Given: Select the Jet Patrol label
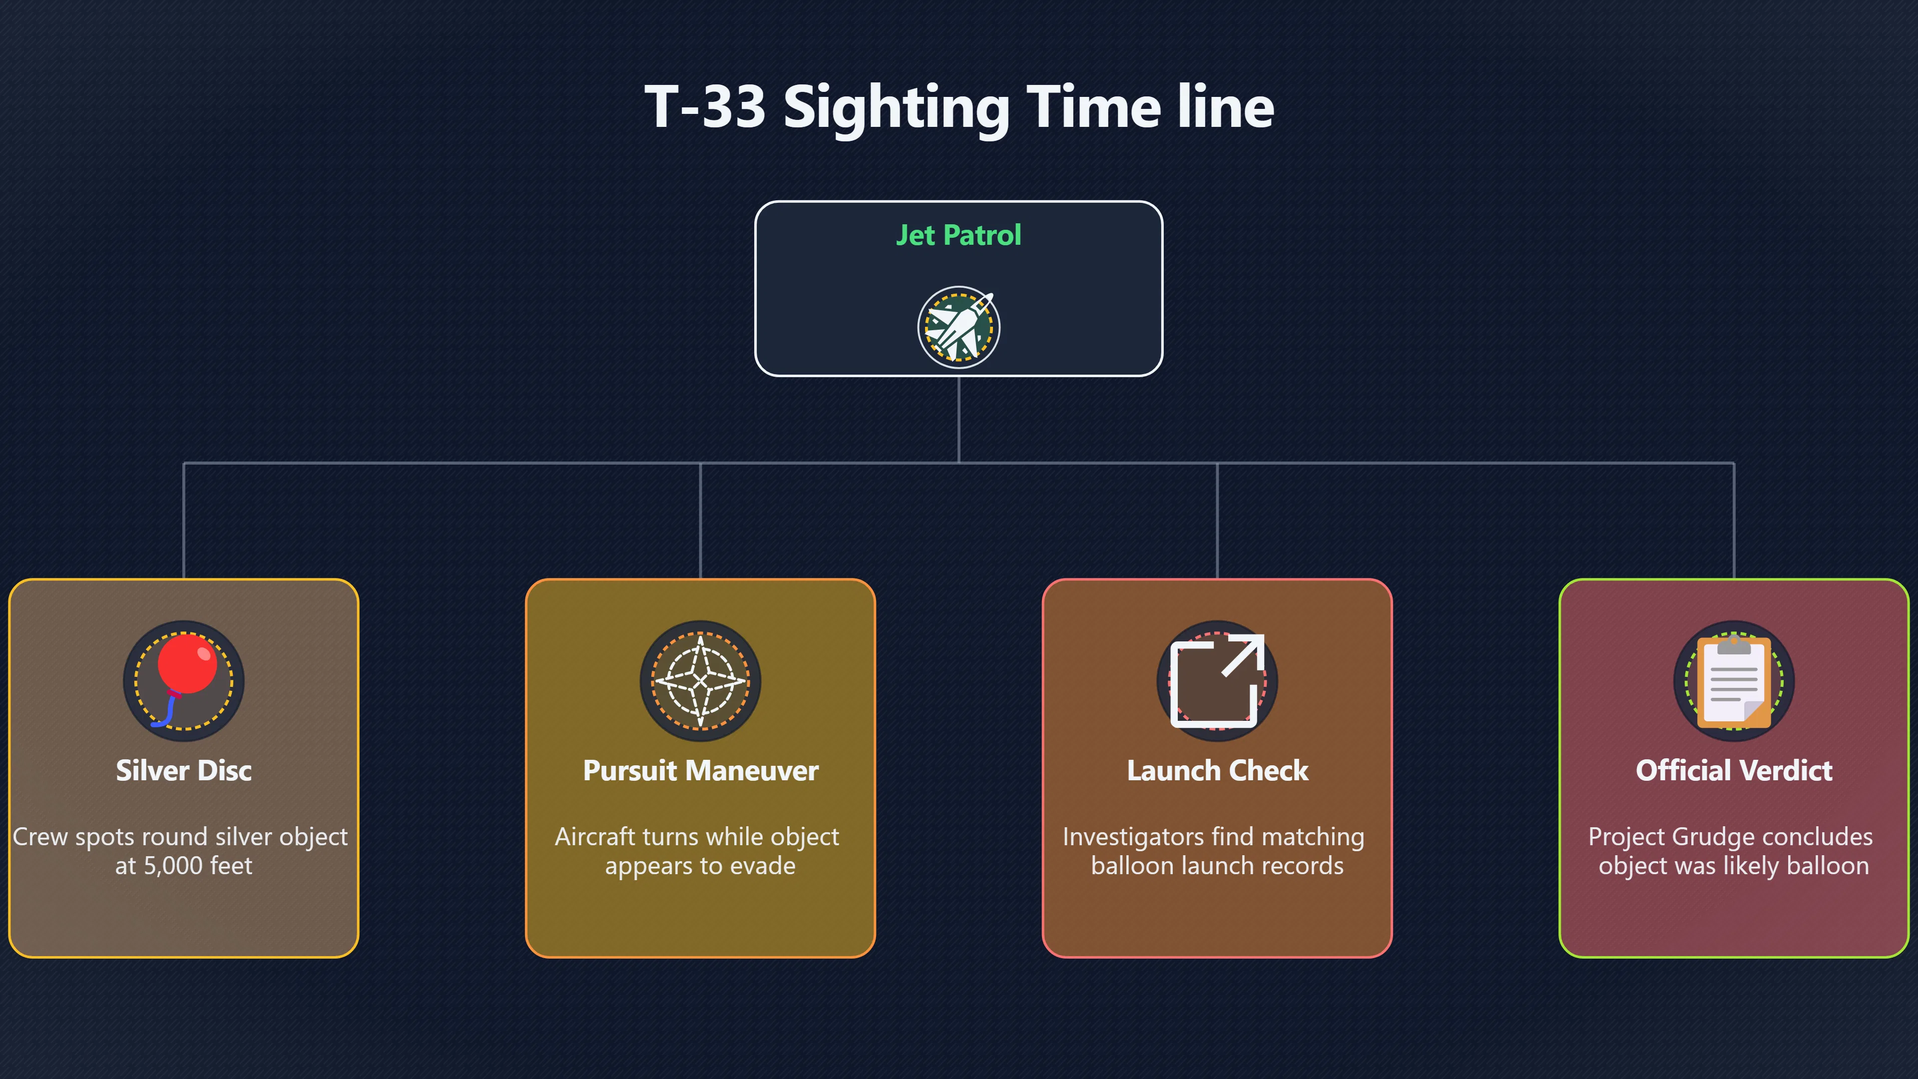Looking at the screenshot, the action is point(959,235).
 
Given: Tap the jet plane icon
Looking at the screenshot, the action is point(959,327).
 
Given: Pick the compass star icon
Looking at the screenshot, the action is point(700,680).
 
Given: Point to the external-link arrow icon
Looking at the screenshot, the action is point(1217,680).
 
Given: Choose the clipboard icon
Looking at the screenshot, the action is point(1734,680).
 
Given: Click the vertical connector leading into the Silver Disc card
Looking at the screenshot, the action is point(184,521).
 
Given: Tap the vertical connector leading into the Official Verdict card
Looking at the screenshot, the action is point(1734,521).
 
